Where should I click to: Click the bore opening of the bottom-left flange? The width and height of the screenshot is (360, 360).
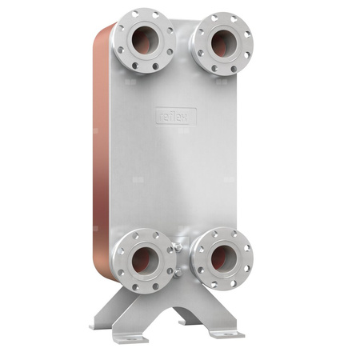pos(146,259)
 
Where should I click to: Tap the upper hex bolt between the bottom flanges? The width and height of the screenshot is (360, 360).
pos(178,250)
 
